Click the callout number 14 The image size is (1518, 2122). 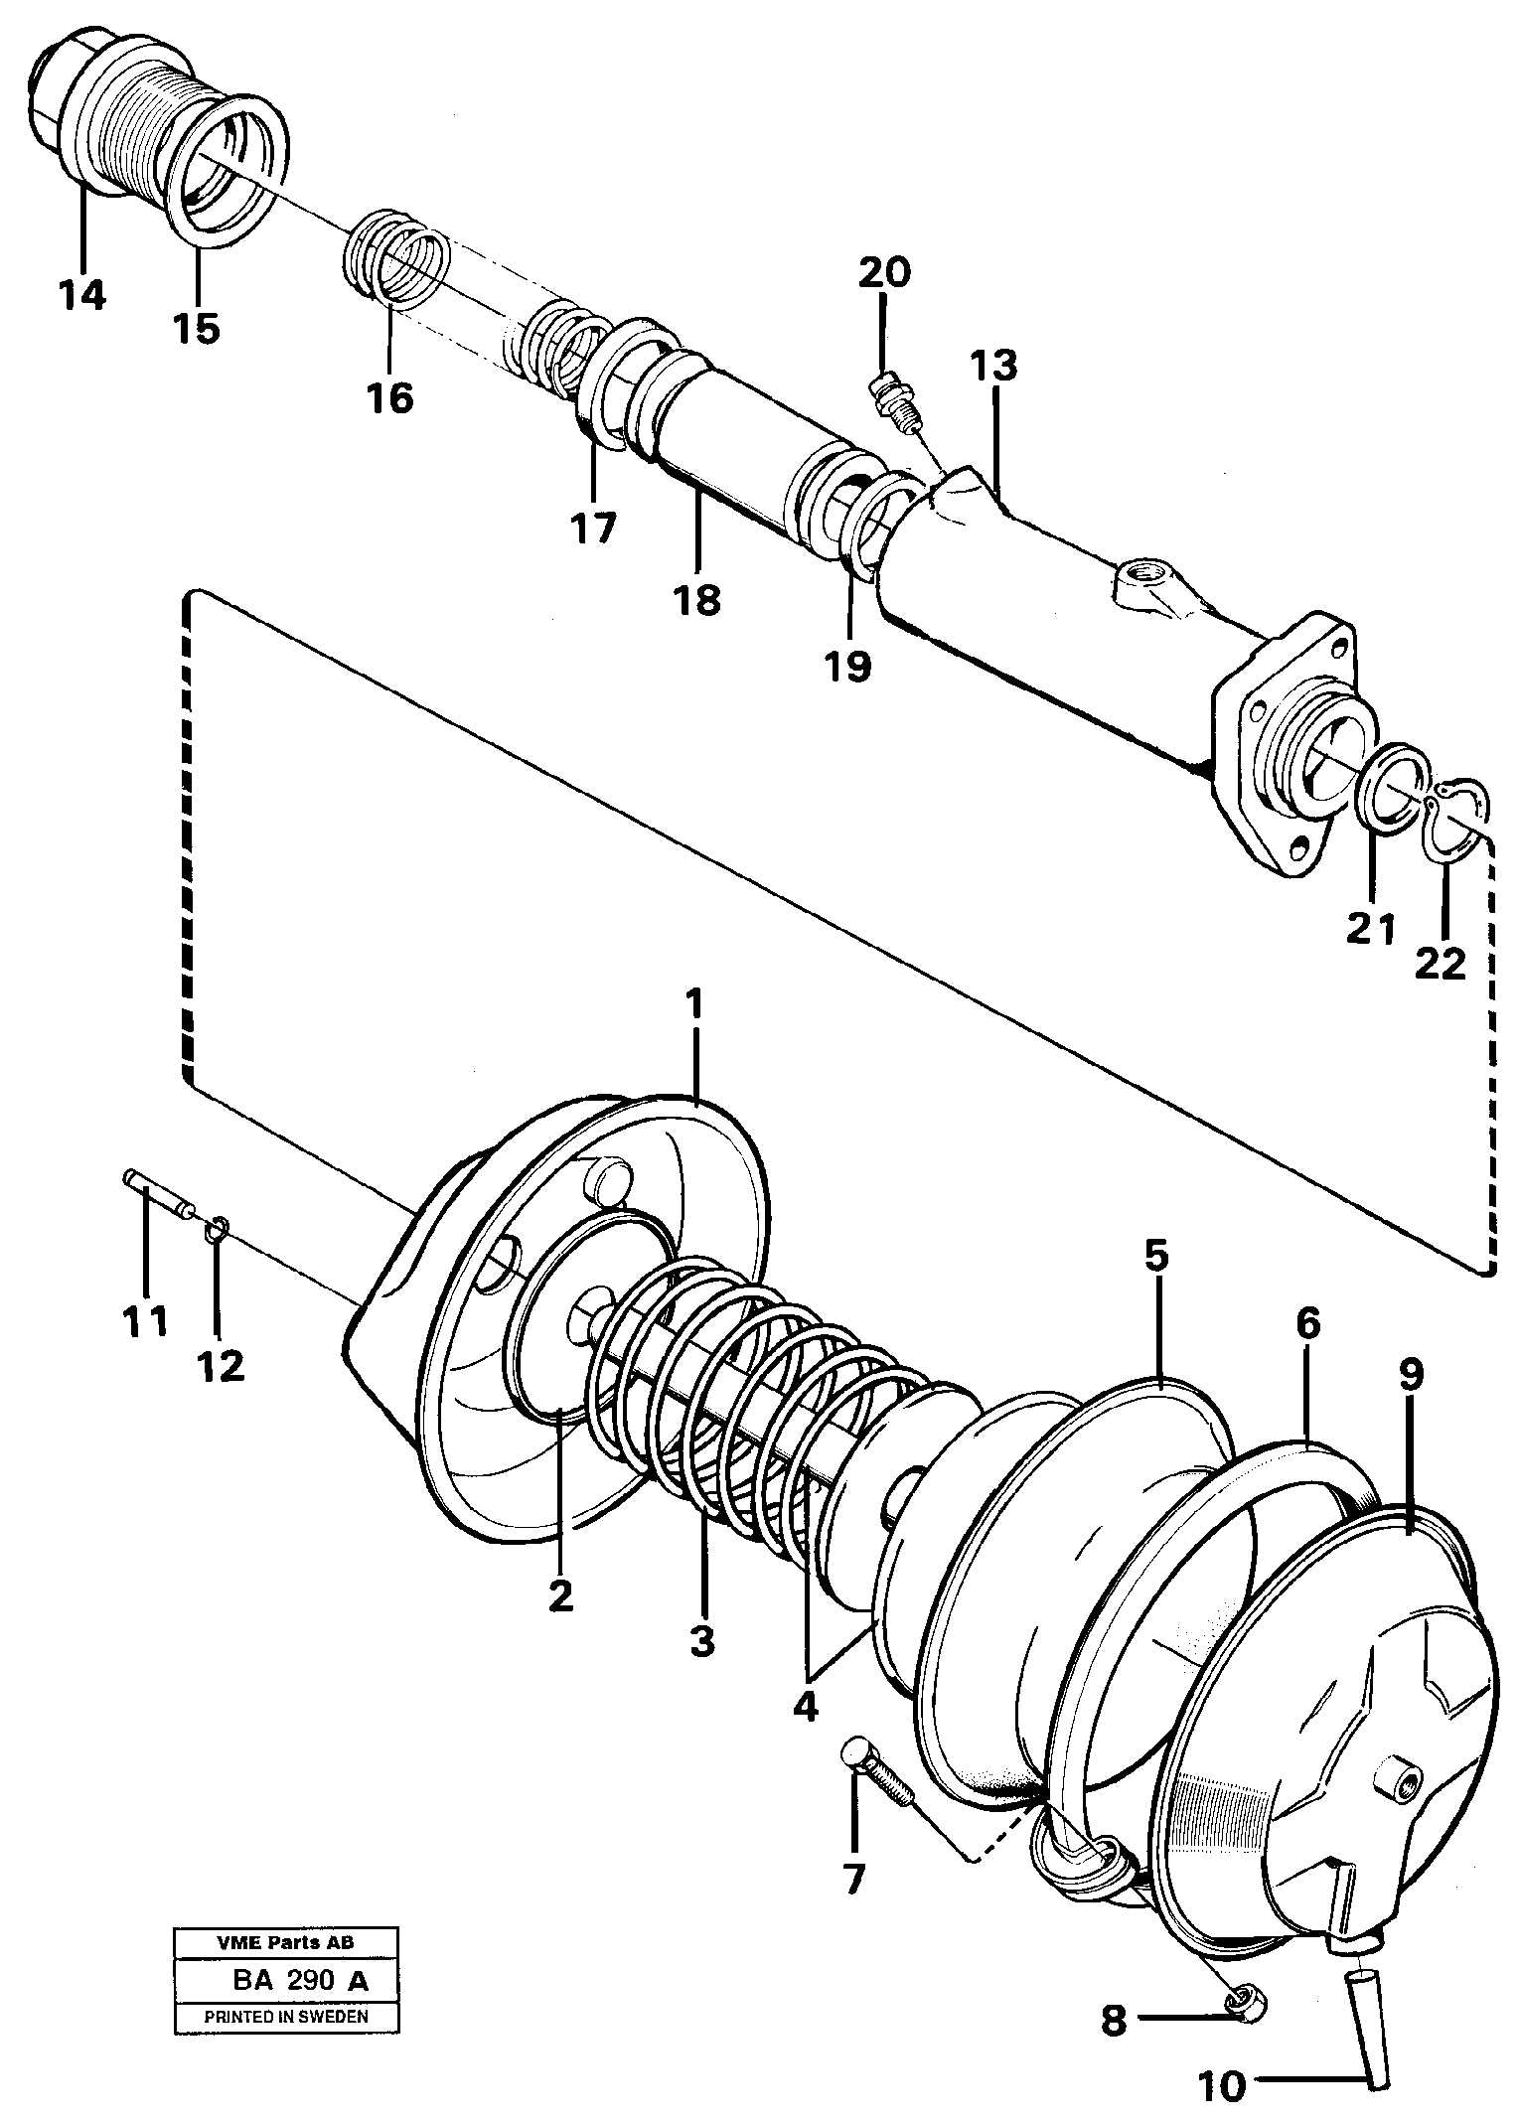(x=80, y=295)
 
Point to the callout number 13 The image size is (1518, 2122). (x=993, y=367)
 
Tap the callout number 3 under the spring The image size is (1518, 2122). (x=701, y=1640)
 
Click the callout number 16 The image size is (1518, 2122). (x=388, y=397)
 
